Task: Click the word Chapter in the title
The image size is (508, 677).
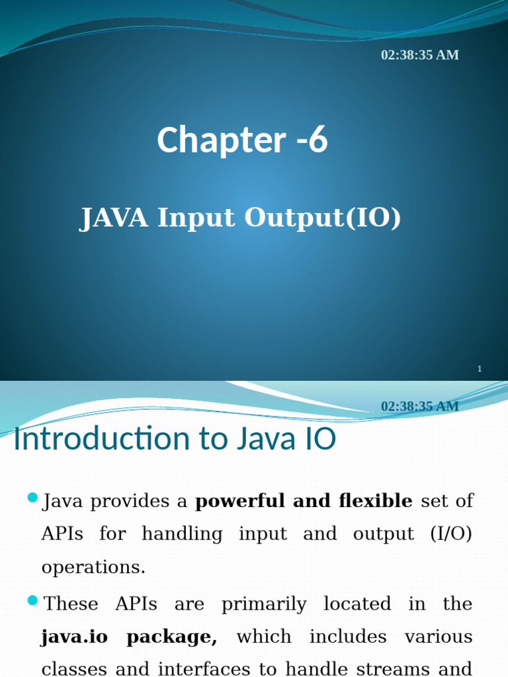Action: [222, 139]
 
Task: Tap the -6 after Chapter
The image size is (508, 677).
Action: [312, 139]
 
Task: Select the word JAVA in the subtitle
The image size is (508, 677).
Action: [114, 217]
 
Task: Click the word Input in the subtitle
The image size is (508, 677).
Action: [196, 218]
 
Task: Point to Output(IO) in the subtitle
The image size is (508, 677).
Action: [323, 218]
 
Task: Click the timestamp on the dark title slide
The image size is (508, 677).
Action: [420, 55]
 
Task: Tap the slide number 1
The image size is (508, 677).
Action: [480, 369]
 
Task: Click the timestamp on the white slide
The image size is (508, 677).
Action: [420, 407]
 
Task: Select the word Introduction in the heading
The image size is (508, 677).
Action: [101, 438]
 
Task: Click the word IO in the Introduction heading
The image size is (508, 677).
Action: [320, 439]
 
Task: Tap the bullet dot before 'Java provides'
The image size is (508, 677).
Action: [32, 498]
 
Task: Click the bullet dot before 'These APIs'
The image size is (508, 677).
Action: [32, 600]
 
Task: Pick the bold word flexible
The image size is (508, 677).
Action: [376, 501]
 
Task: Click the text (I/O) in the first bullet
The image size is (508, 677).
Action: [451, 534]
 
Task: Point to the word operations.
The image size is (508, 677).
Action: [93, 567]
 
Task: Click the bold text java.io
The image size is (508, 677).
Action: [74, 637]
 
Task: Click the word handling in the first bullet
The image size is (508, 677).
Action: [183, 534]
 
